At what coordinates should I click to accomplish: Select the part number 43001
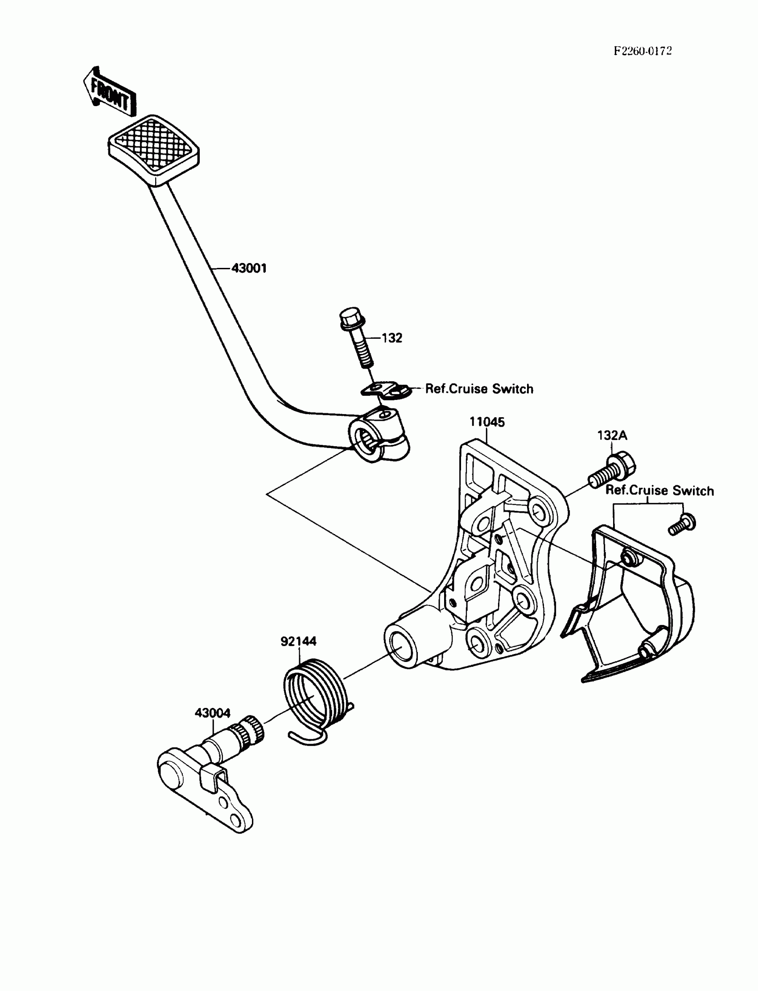tap(249, 268)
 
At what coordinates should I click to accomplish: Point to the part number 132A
tap(612, 435)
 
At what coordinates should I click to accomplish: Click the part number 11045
tap(487, 422)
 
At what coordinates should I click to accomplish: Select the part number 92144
tap(298, 641)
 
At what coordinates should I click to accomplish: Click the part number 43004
tap(213, 713)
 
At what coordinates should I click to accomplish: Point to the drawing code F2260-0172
tap(643, 51)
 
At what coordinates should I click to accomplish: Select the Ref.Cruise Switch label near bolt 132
tap(479, 389)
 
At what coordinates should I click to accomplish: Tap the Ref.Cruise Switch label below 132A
tap(659, 491)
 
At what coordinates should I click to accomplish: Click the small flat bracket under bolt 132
tap(386, 389)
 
